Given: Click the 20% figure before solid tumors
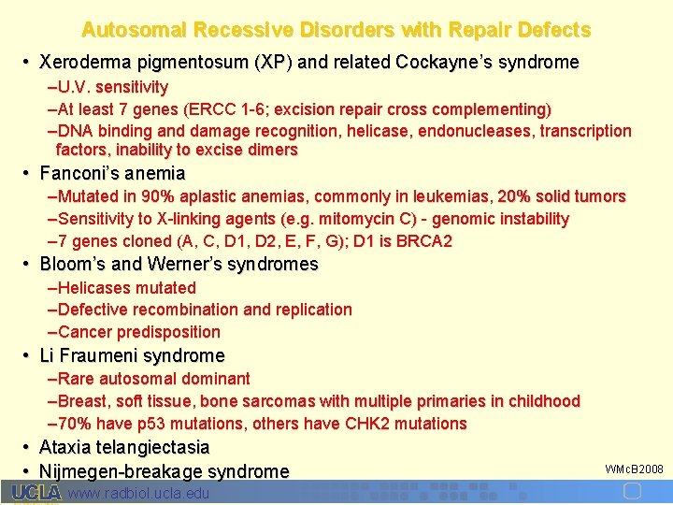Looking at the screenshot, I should click(515, 196).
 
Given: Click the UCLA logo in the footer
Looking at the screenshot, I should click(36, 493).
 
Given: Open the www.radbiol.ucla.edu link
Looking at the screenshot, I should click(139, 493).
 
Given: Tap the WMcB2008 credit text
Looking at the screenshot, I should click(634, 468).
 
